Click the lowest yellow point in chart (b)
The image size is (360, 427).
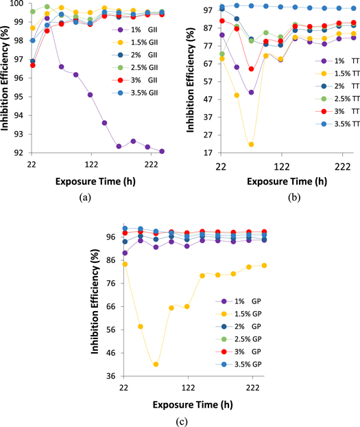(x=252, y=145)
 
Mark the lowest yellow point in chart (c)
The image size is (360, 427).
(x=156, y=365)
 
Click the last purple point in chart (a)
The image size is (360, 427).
(x=162, y=151)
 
